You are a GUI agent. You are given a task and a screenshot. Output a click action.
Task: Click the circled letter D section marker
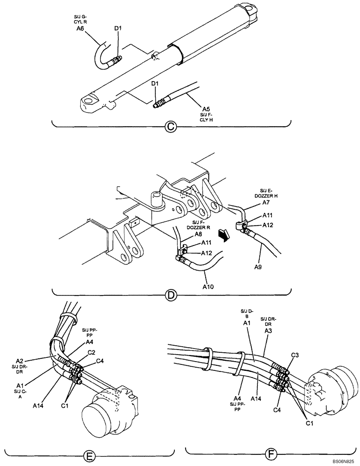[171, 295]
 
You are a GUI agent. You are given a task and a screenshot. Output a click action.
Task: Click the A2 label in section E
[20, 361]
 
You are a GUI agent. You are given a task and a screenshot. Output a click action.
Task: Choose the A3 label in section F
[268, 330]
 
